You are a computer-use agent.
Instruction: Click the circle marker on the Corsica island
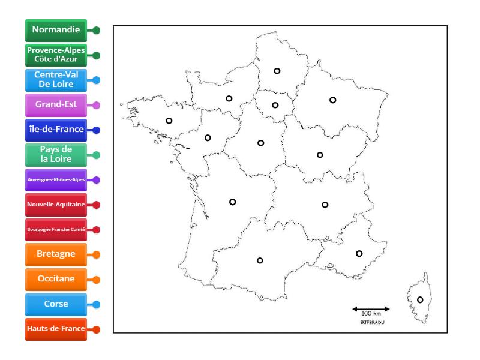click(x=420, y=300)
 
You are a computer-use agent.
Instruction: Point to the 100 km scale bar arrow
click(x=371, y=310)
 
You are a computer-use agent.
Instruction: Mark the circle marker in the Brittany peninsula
click(x=169, y=121)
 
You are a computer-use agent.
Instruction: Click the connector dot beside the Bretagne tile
click(x=96, y=254)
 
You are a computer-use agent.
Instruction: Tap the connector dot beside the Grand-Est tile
click(x=96, y=104)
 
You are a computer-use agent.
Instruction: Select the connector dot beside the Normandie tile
click(x=96, y=29)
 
